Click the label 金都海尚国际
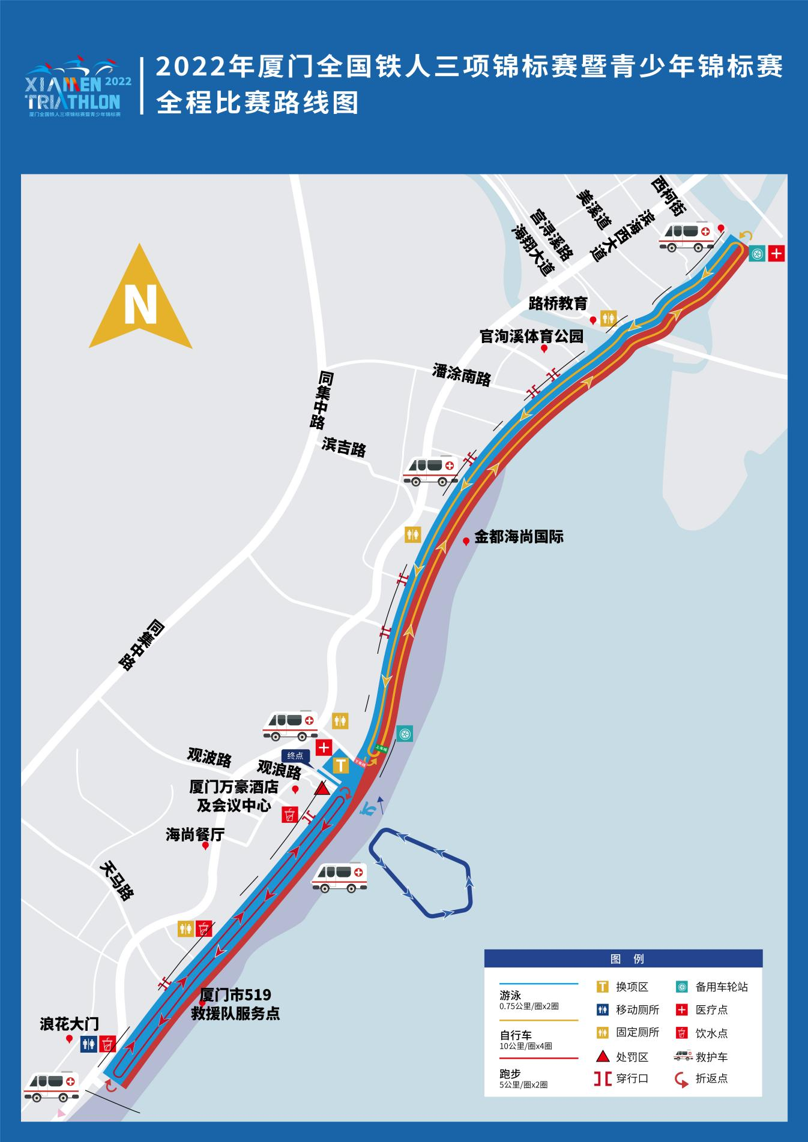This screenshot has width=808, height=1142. (x=519, y=537)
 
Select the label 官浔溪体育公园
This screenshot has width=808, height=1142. (x=531, y=336)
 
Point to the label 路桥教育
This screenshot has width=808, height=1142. (x=558, y=303)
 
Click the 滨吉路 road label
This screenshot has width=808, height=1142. (x=344, y=447)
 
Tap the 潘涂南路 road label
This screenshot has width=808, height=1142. (x=462, y=375)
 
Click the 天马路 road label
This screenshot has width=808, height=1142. (x=116, y=881)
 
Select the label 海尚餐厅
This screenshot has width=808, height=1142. (x=194, y=834)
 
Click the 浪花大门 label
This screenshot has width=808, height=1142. (x=69, y=1024)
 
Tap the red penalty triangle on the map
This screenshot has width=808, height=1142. (x=322, y=788)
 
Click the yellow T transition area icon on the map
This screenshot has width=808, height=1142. (x=340, y=765)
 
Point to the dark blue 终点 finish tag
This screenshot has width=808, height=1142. (x=295, y=756)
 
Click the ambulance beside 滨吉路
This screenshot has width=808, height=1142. (x=431, y=470)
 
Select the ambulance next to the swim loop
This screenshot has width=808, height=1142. (x=339, y=877)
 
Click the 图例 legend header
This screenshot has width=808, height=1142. (x=623, y=958)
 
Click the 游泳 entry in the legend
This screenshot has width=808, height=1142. (x=511, y=995)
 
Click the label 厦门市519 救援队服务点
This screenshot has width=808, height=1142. (x=235, y=1004)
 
